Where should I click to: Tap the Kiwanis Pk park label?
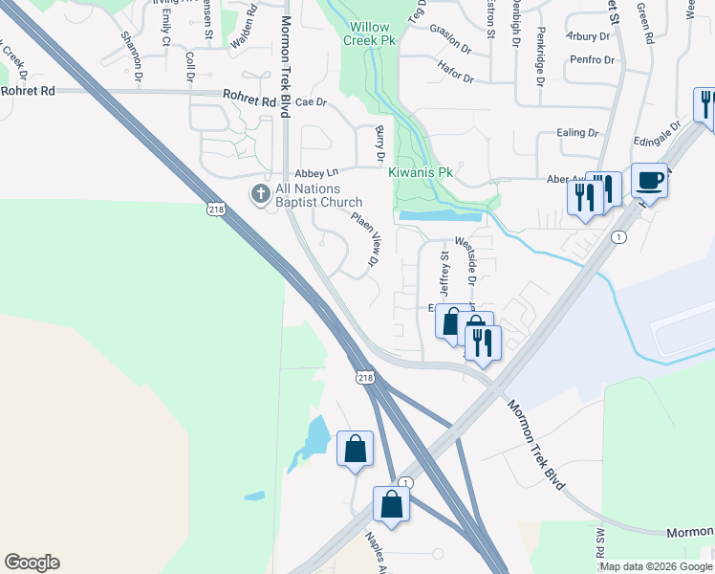[420, 173]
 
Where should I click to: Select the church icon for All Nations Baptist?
[259, 194]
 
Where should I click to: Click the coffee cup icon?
[650, 178]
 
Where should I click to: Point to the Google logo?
[32, 563]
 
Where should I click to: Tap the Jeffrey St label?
[443, 275]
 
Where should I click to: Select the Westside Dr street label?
[469, 261]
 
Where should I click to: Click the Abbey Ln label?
[317, 173]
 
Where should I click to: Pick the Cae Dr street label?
[312, 101]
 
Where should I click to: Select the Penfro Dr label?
[589, 60]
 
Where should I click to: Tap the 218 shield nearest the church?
[217, 207]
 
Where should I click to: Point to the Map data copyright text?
[657, 566]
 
